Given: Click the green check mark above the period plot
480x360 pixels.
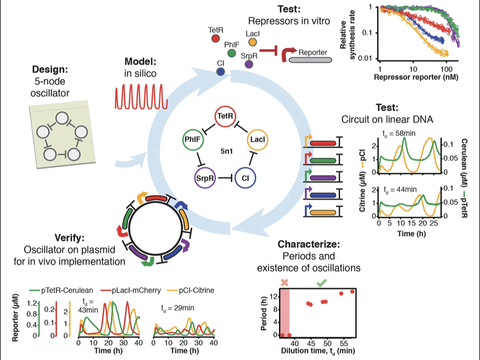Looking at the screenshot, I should tap(322, 283).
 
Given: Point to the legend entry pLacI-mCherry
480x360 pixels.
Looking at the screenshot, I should tap(133, 291).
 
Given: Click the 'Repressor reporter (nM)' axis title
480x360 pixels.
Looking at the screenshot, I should tap(412, 74).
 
